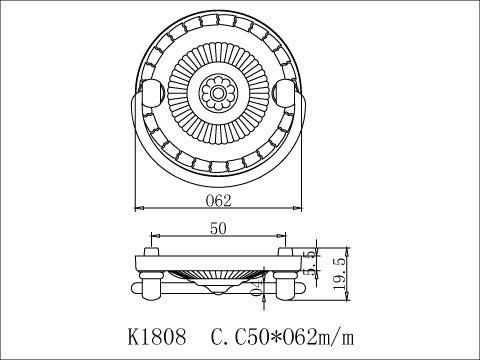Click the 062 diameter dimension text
(219, 199)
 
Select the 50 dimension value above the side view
(217, 229)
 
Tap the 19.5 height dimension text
(340, 271)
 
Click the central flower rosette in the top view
(217, 94)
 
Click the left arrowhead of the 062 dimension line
(138, 208)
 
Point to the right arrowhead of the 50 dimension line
(283, 238)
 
